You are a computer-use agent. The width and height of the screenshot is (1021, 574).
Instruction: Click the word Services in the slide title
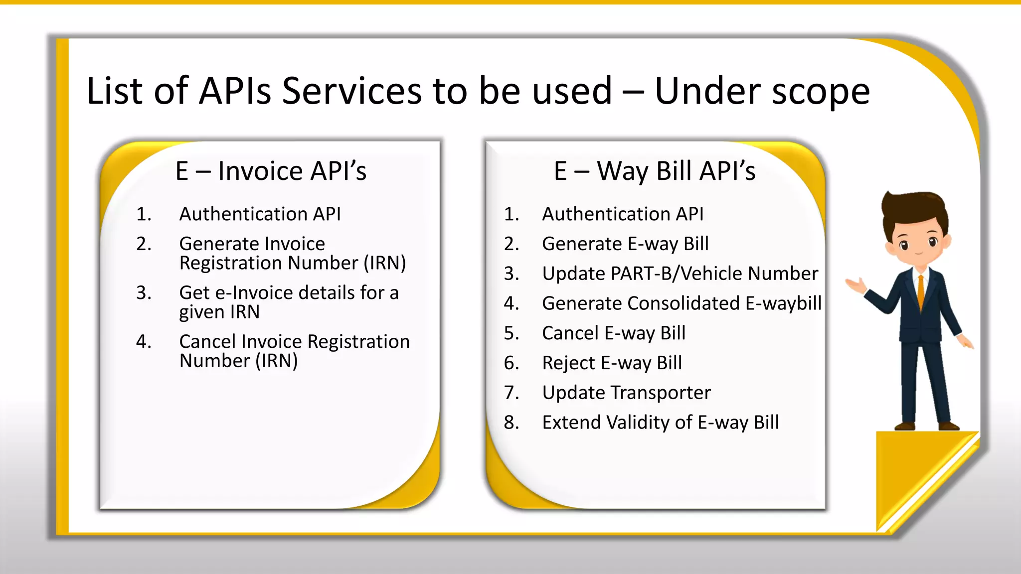pyautogui.click(x=351, y=92)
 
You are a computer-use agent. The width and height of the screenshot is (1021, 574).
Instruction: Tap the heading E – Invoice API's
pyautogui.click(x=271, y=171)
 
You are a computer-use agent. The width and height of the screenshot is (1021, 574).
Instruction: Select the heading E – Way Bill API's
pyautogui.click(x=655, y=171)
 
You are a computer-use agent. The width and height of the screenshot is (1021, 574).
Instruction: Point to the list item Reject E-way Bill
pyautogui.click(x=612, y=363)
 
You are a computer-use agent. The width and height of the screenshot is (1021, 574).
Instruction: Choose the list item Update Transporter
pyautogui.click(x=626, y=393)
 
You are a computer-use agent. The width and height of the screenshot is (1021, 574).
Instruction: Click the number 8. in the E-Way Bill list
pyautogui.click(x=511, y=423)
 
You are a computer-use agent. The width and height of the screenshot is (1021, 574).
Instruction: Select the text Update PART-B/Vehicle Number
pyautogui.click(x=680, y=274)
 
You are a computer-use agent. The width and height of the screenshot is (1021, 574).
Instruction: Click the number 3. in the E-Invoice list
pyautogui.click(x=144, y=293)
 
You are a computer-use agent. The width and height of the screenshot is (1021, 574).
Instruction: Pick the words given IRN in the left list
pyautogui.click(x=219, y=312)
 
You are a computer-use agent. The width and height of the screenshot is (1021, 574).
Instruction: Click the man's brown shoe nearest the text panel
pyautogui.click(x=904, y=426)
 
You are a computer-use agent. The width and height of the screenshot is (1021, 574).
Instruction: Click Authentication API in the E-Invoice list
pyautogui.click(x=260, y=214)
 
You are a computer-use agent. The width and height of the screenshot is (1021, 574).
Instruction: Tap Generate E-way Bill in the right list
pyautogui.click(x=625, y=244)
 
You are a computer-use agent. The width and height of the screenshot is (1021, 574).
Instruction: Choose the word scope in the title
pyautogui.click(x=820, y=92)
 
